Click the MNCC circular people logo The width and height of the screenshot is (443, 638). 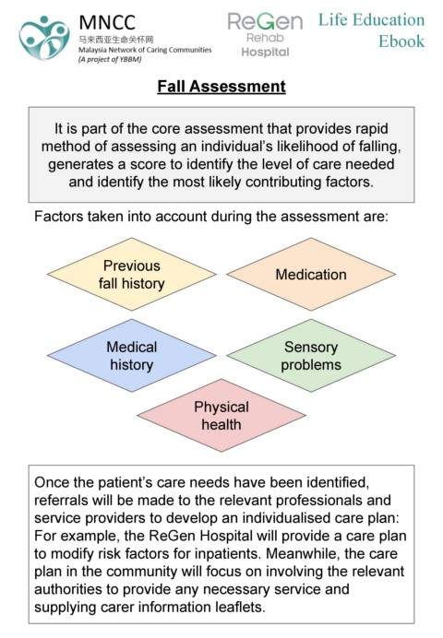click(44, 38)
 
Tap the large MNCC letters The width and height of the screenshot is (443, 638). click(107, 22)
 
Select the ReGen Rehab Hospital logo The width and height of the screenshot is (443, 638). click(265, 35)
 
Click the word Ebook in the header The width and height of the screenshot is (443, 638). click(401, 41)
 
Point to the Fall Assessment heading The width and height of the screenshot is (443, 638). click(221, 87)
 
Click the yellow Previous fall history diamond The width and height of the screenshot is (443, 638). click(131, 274)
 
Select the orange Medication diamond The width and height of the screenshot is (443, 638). click(311, 274)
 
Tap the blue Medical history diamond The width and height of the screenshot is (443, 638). click(131, 356)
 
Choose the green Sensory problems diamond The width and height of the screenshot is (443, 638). click(311, 356)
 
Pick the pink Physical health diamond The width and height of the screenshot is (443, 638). click(221, 416)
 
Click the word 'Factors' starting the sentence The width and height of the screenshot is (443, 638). click(59, 216)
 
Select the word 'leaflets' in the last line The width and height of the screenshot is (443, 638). click(242, 607)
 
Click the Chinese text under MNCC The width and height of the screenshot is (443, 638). click(116, 40)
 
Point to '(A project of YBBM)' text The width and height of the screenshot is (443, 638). click(110, 59)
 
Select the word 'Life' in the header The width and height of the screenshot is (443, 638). click(333, 19)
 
